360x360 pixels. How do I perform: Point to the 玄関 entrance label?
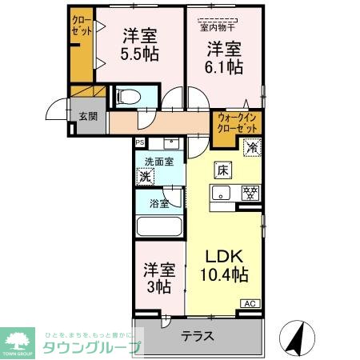88,115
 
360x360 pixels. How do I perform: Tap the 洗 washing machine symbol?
146,177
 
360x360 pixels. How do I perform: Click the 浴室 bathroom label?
158,203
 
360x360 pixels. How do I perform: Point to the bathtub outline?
159,226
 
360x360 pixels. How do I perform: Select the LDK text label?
224,258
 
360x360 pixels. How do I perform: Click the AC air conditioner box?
250,304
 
